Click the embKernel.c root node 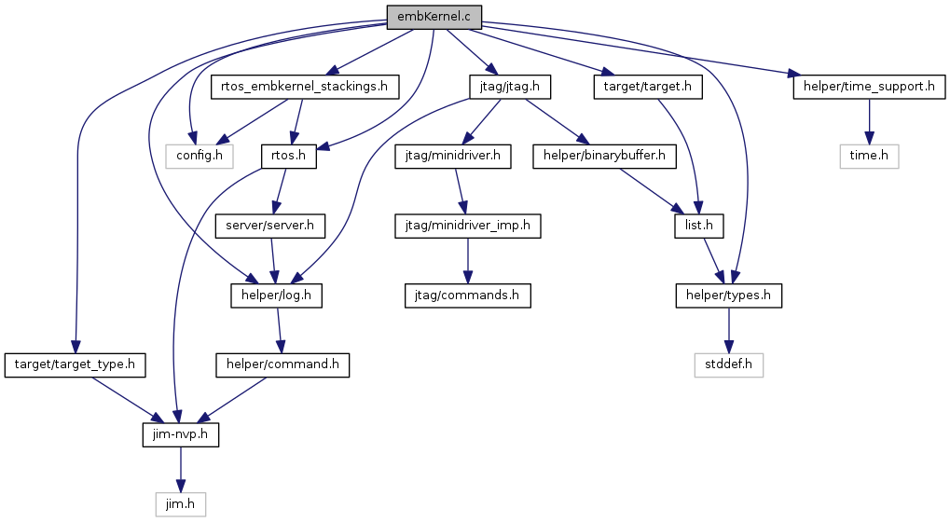coord(434,17)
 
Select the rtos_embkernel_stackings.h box coord(304,87)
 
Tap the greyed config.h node coord(200,157)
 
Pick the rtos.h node coord(288,157)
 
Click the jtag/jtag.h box coord(510,87)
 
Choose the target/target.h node coord(648,87)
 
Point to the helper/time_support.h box coord(869,87)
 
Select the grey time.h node coord(869,157)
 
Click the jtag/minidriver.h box coord(452,157)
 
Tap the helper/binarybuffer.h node coord(604,157)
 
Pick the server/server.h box coord(269,226)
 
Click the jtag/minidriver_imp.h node coord(467,226)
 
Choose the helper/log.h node coord(276,295)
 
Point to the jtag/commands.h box coord(467,295)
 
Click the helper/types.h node coord(728,295)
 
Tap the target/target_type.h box coord(75,365)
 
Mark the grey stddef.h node coord(728,365)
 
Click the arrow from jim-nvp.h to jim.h coord(181,470)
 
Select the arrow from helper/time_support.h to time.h coord(869,122)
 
